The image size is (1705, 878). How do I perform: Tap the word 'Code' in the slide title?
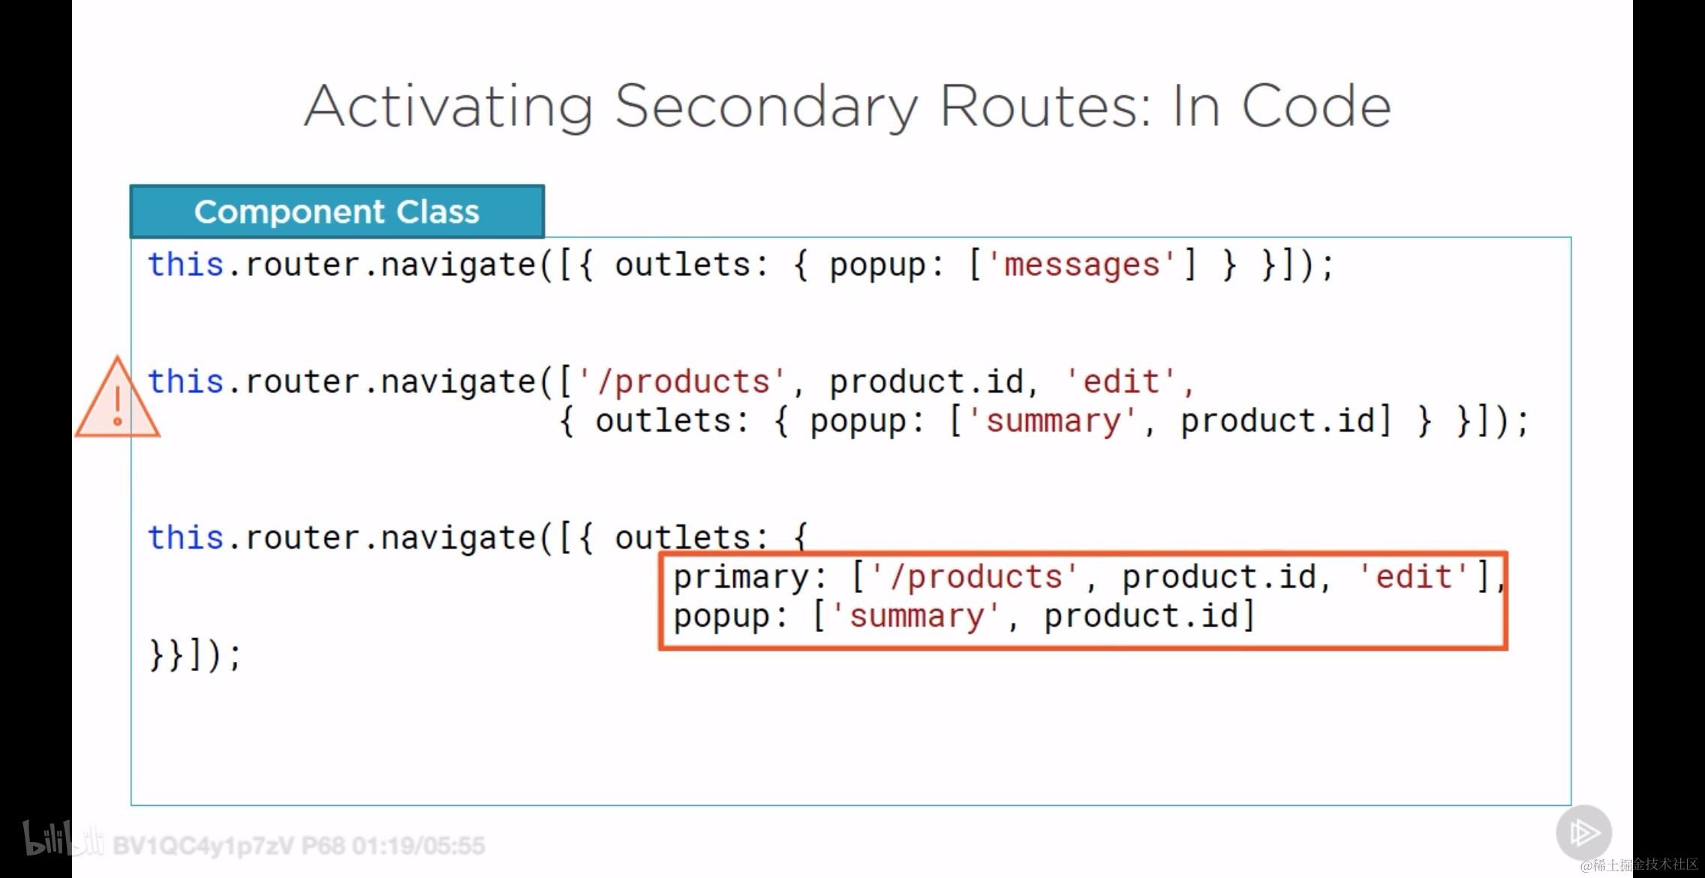[1316, 106]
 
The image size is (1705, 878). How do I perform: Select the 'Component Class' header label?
[337, 212]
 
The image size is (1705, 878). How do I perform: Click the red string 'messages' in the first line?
[1081, 265]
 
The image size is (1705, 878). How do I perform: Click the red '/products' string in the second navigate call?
[682, 382]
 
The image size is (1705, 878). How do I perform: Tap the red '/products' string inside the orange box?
[975, 577]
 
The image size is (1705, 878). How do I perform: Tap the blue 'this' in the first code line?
[186, 265]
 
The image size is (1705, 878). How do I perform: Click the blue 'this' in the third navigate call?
[186, 538]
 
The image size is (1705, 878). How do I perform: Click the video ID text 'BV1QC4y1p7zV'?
[203, 846]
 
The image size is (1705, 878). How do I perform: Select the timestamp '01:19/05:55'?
[419, 846]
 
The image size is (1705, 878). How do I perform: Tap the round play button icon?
[1583, 832]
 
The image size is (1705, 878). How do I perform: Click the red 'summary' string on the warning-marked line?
[1053, 421]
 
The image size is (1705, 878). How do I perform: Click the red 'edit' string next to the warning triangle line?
[1122, 382]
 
